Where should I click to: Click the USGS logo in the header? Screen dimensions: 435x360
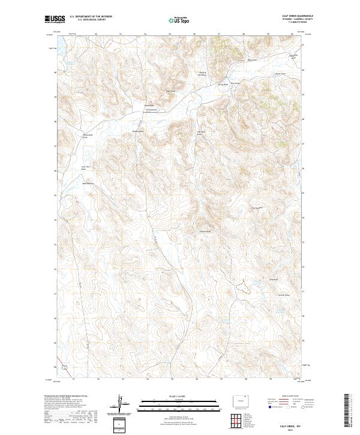point(55,20)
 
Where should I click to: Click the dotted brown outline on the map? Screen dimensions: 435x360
point(242,286)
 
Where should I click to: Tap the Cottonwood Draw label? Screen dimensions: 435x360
point(151,109)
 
